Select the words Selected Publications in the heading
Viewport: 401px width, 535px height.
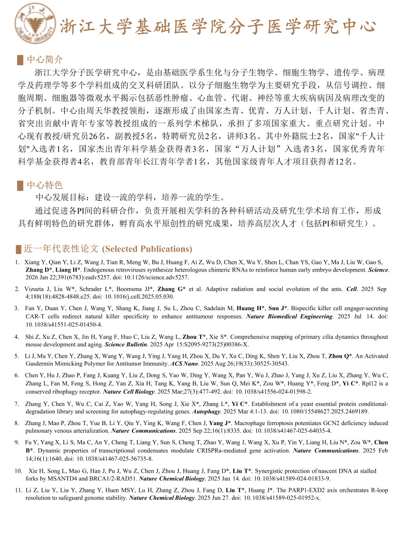click(147, 249)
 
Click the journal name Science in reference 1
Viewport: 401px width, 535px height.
click(378, 270)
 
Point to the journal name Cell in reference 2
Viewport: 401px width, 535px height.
click(351, 289)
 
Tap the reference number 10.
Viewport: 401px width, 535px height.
click(19, 471)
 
